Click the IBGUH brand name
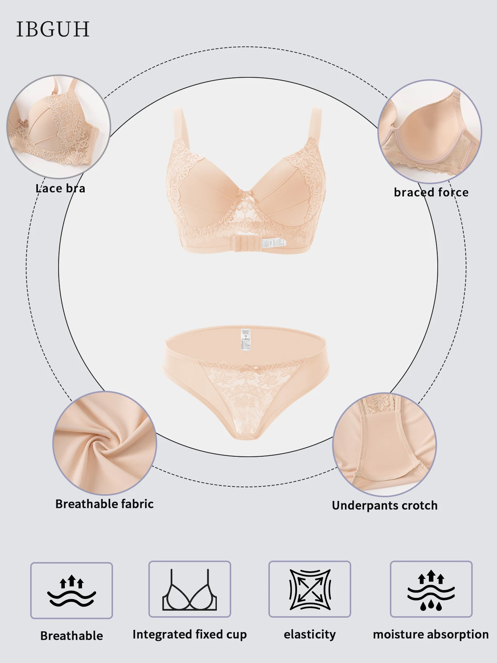53,29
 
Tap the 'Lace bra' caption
60,189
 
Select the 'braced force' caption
431,192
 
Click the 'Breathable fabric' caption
105,504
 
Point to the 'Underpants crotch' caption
385,505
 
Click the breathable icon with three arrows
71,590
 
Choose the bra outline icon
190,590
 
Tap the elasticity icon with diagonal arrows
310,590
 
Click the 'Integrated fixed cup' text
190,634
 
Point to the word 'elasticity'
310,634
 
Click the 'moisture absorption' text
431,634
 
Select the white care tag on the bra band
274,242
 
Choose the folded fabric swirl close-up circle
105,443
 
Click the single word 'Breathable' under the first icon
71,636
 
